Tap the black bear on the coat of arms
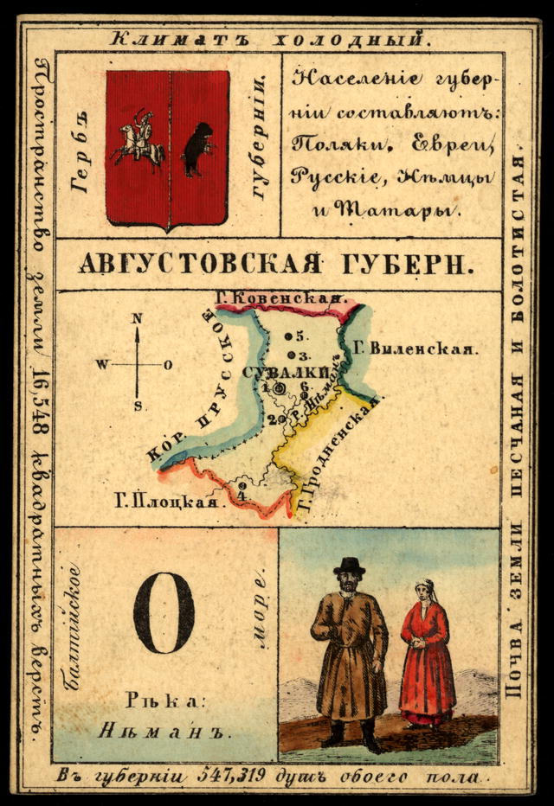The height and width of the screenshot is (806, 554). pos(198,148)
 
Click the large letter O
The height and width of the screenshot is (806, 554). pos(163,613)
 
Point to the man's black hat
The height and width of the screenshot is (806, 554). pos(350,566)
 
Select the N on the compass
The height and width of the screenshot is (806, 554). pos(137,318)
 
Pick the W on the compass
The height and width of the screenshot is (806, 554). pos(102,365)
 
